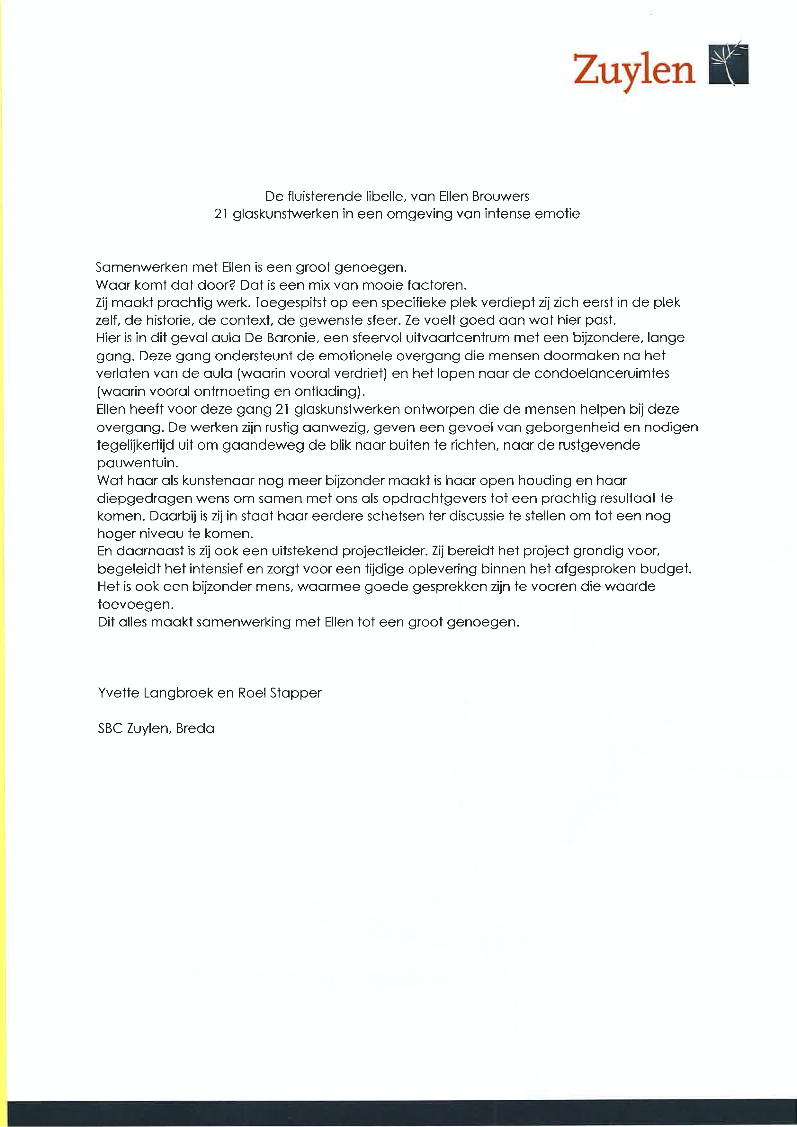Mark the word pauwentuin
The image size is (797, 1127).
coord(137,463)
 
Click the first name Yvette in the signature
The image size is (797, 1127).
coord(118,693)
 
